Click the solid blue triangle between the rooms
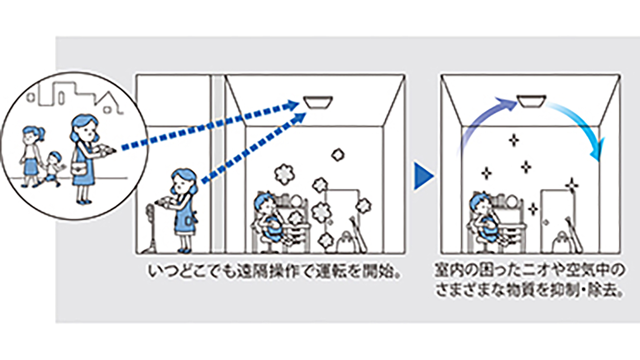[423, 176]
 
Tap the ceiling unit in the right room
[531, 101]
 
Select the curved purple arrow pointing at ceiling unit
[483, 120]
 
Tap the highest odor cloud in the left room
[338, 155]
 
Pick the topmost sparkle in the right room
[514, 140]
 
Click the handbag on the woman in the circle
[80, 170]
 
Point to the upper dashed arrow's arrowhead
[294, 105]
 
